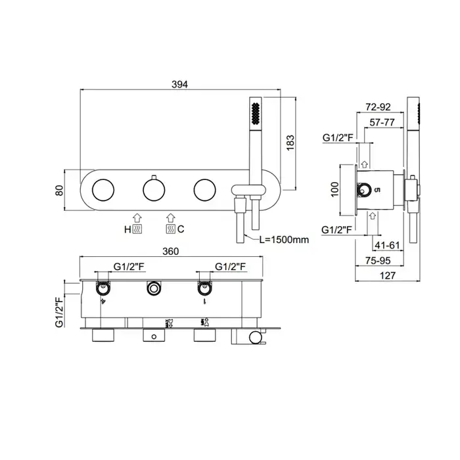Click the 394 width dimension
pos(179,84)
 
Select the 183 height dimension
pos(290,143)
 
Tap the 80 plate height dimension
pos(59,191)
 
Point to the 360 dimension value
pos(170,252)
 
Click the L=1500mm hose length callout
pos(284,240)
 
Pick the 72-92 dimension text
pos(378,106)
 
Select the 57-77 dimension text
pos(382,122)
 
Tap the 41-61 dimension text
pos(387,245)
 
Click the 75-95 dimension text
pos(378,260)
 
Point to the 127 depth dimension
pos(388,275)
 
